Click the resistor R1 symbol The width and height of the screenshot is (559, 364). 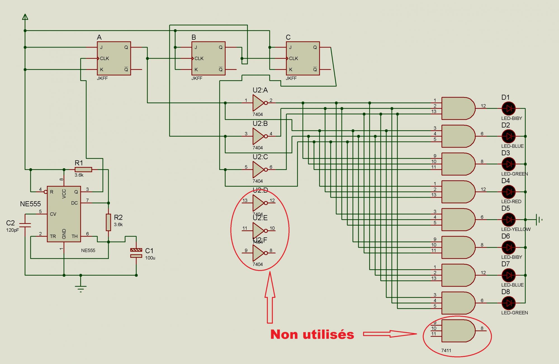(x=83, y=169)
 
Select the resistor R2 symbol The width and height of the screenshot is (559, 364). (x=108, y=222)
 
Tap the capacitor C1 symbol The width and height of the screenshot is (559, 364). (x=136, y=253)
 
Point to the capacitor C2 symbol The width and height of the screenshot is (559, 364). (x=25, y=225)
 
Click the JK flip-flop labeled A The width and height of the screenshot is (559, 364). (x=114, y=58)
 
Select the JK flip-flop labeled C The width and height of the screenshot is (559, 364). (x=303, y=58)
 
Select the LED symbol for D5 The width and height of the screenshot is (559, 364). (x=508, y=219)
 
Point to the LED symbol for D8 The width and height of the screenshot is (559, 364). (x=508, y=303)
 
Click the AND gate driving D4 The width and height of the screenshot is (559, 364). (x=458, y=192)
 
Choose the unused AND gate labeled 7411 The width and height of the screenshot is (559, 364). (x=458, y=331)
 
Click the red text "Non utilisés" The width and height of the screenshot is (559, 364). (x=312, y=334)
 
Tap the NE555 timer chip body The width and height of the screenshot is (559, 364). (x=64, y=214)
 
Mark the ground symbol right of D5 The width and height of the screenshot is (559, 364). (x=539, y=219)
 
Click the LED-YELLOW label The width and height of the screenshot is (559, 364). (x=516, y=229)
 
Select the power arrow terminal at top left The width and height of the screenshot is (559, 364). (x=25, y=17)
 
